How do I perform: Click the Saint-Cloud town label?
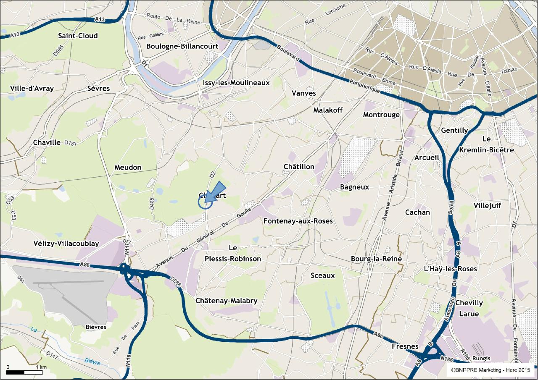(78, 36)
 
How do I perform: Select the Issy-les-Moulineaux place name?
(236, 83)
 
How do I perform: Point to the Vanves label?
(303, 93)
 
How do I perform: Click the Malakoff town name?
(328, 110)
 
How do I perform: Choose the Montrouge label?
(381, 115)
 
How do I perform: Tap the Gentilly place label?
(454, 131)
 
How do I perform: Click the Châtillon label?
(299, 167)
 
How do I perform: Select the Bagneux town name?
(354, 187)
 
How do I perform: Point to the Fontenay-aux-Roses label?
(298, 221)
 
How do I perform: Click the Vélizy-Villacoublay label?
(66, 244)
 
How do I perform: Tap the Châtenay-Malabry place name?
(226, 301)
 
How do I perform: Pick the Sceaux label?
(322, 275)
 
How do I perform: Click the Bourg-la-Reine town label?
(376, 259)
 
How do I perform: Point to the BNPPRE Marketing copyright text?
(491, 370)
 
